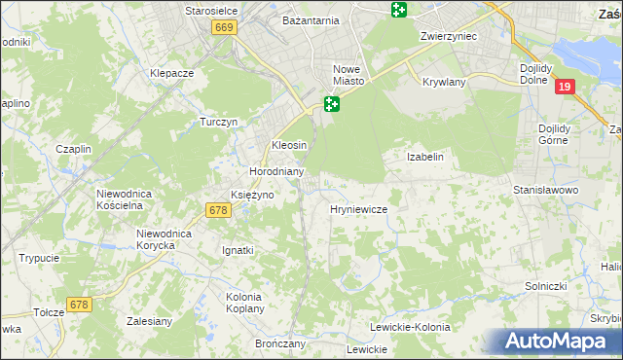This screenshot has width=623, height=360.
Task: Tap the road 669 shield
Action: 224,29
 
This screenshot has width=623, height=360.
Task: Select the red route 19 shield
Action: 565,88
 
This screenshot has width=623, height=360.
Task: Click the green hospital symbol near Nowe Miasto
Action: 332,103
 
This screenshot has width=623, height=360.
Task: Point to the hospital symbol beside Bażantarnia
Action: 398,10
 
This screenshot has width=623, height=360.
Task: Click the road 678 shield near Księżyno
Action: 218,209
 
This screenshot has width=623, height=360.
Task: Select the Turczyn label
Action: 219,122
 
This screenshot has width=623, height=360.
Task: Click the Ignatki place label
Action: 237,250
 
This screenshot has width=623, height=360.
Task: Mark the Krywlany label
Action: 445,83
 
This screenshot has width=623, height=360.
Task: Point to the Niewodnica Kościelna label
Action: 125,199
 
